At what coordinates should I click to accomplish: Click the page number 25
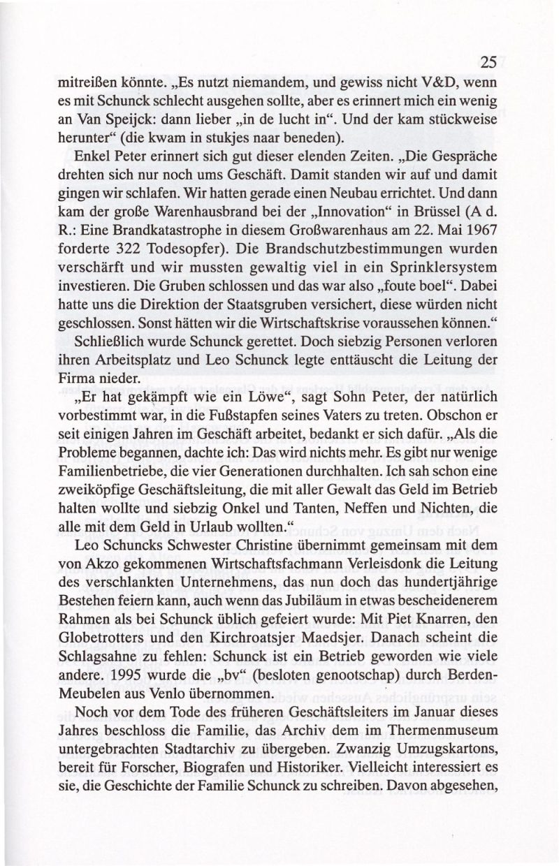[488, 61]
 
